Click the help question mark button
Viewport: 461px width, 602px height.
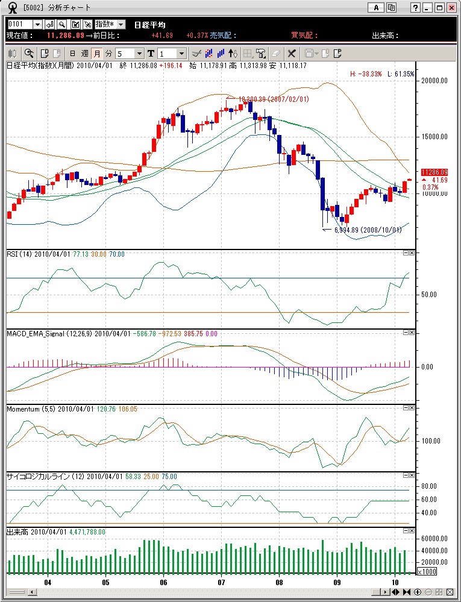click(416, 8)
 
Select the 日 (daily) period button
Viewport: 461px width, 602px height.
click(73, 53)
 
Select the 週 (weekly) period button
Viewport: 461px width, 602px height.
click(85, 53)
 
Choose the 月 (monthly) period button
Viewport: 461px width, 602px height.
click(97, 53)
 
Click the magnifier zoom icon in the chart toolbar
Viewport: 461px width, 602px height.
click(29, 53)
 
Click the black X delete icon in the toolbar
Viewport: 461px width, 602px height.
click(292, 53)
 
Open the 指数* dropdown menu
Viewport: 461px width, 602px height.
click(111, 24)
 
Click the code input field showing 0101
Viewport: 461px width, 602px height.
click(19, 24)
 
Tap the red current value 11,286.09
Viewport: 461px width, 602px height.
click(66, 36)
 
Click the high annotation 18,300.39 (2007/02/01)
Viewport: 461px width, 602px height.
click(274, 99)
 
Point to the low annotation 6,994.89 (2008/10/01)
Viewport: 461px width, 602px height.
click(368, 230)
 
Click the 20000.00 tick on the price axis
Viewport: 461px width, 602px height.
click(435, 80)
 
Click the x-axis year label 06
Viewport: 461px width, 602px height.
click(163, 583)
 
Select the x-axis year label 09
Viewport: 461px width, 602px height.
click(337, 583)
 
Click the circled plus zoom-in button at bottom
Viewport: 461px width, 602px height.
click(418, 592)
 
